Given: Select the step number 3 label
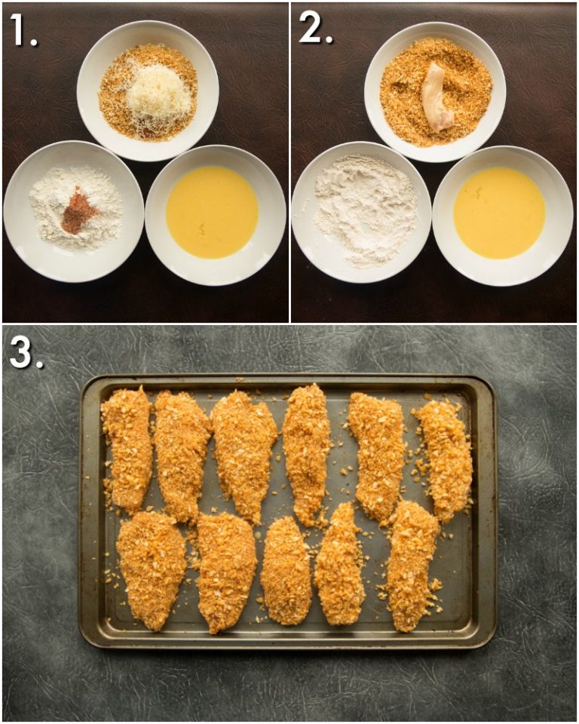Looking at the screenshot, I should coord(25,351).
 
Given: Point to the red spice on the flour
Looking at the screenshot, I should coord(78,212).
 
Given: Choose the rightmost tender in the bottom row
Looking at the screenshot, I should coord(410,564).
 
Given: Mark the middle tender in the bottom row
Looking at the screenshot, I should coord(286,570).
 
